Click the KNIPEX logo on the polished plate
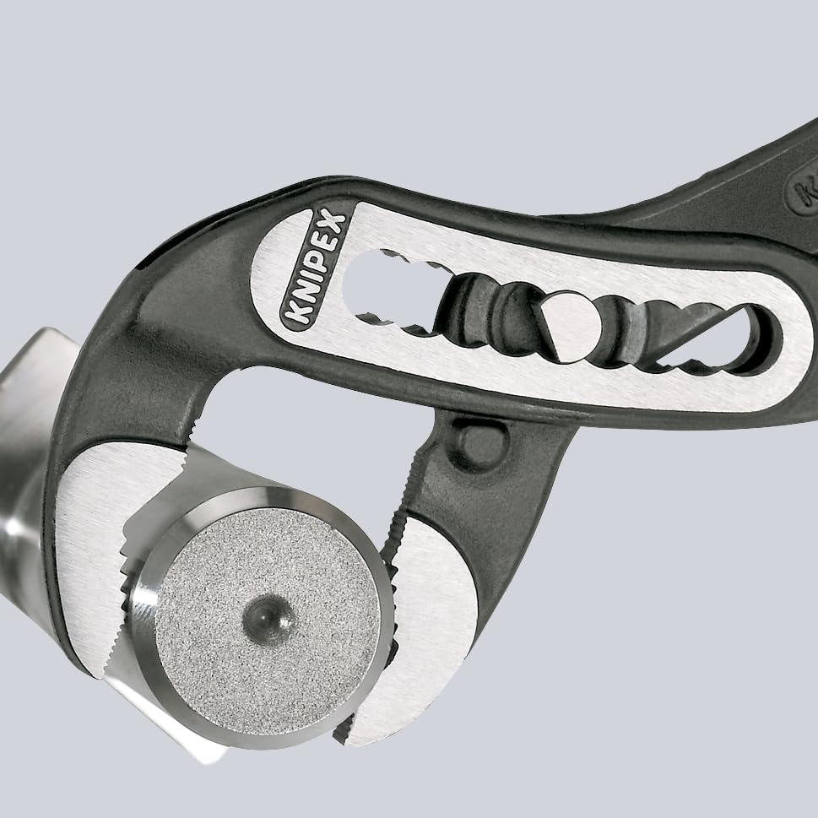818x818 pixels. coord(314,268)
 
